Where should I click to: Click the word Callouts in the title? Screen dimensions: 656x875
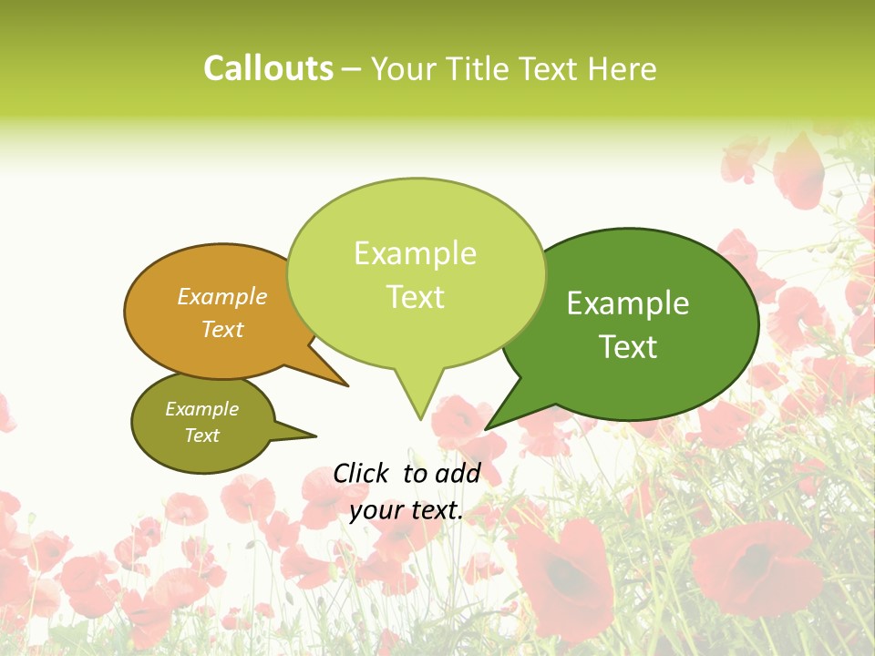point(268,68)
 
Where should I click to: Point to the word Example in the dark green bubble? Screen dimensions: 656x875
point(628,302)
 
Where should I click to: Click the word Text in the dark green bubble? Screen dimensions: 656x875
point(628,346)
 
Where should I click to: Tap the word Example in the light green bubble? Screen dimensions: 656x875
point(415,253)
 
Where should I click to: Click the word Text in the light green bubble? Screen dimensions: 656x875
point(415,297)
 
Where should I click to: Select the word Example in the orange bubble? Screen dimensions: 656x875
point(222,297)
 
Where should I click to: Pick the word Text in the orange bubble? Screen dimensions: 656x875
point(222,329)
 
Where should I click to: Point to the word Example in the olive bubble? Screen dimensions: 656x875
point(201,409)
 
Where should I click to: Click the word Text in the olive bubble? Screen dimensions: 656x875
point(201,436)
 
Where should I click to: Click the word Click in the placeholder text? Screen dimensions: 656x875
point(362,473)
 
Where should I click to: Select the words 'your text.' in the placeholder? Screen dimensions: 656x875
point(407,511)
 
